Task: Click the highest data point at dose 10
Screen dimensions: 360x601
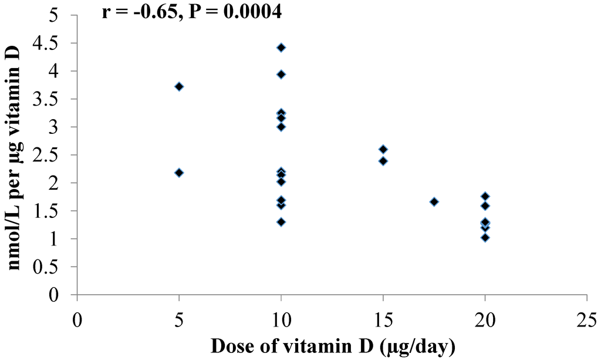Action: (x=281, y=48)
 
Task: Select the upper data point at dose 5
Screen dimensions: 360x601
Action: (x=179, y=86)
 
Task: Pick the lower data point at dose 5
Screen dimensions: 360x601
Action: (x=179, y=173)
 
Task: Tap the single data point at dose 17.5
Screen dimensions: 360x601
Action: (x=434, y=201)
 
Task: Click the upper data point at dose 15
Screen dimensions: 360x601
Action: (x=383, y=149)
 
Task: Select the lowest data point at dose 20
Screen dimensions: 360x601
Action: (x=485, y=237)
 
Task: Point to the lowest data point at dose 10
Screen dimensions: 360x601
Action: (x=281, y=222)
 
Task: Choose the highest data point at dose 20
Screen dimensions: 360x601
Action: (x=485, y=196)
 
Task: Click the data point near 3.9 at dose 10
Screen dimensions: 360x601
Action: (x=281, y=75)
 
